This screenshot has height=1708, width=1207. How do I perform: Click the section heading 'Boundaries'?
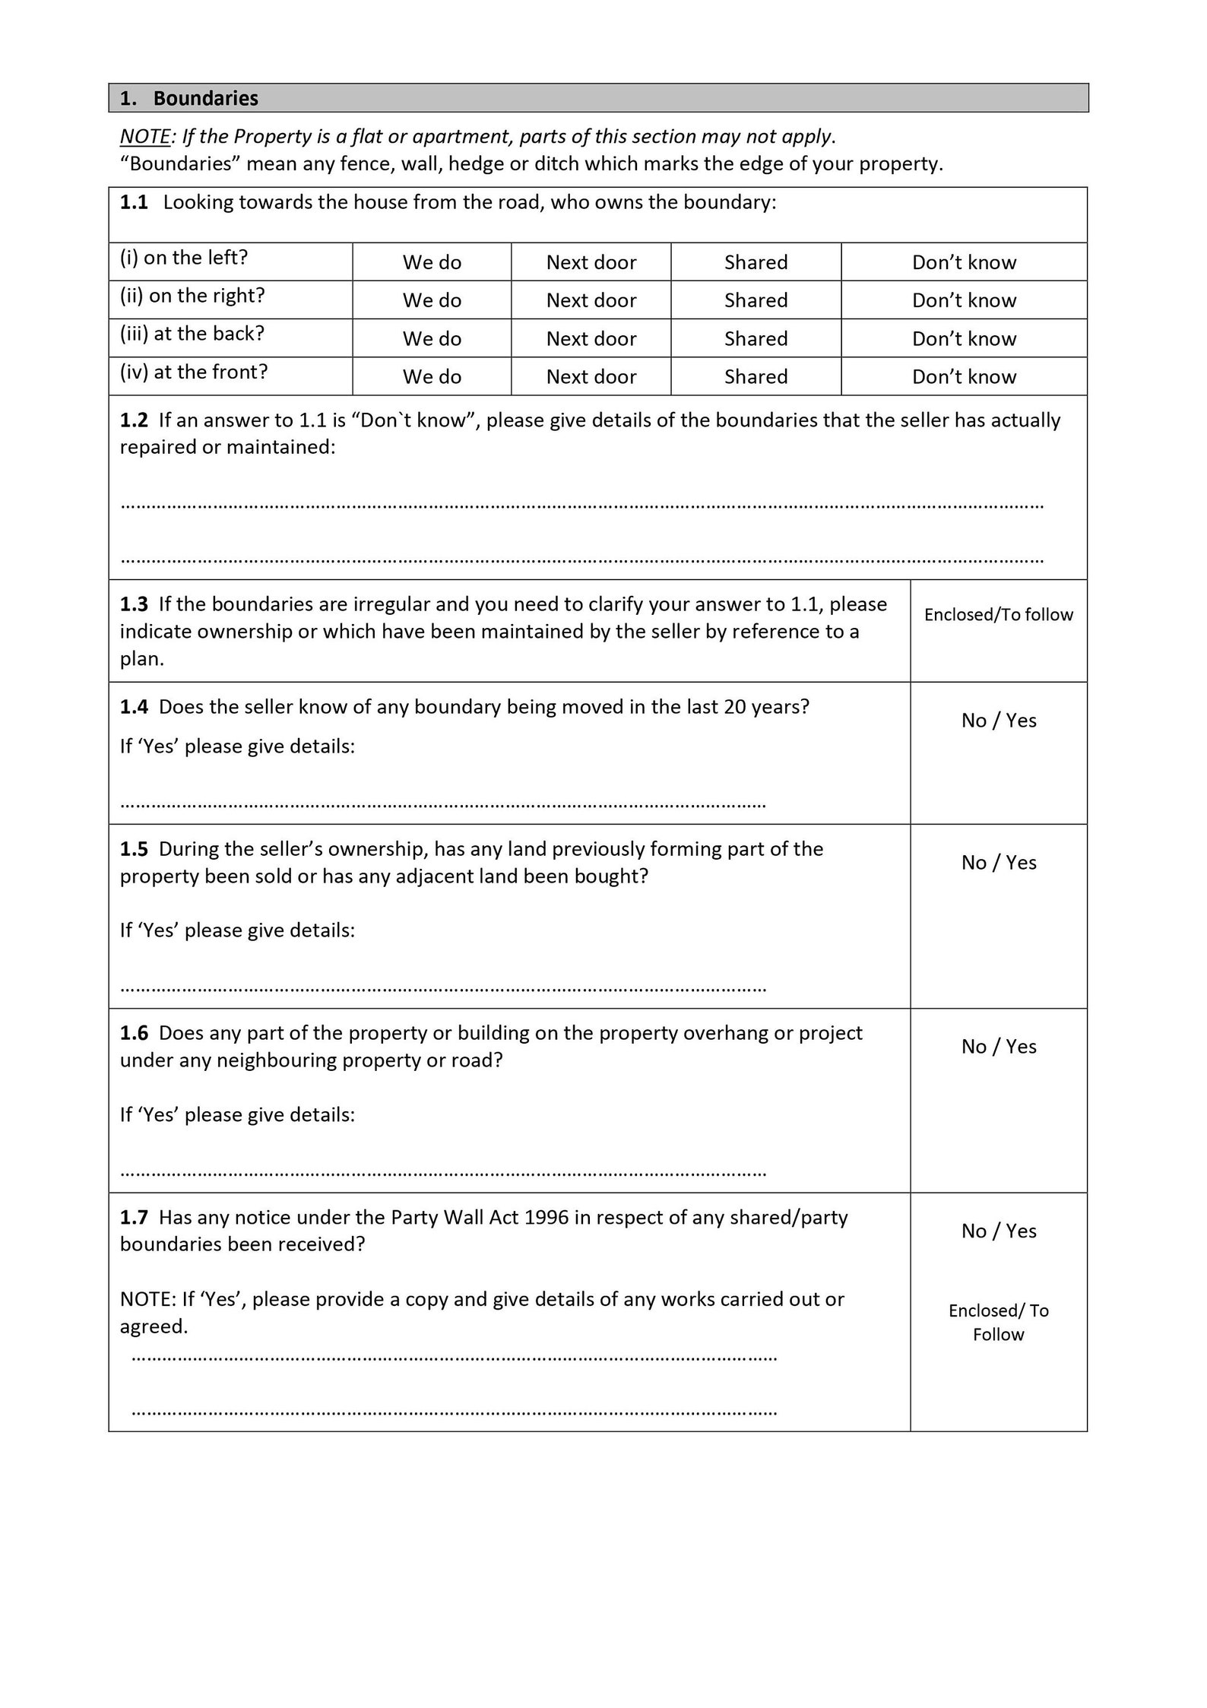coord(205,98)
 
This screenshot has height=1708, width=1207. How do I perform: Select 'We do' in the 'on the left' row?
coord(432,262)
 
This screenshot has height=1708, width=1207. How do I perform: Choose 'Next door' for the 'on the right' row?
coord(591,300)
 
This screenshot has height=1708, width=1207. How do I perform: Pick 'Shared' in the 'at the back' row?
coord(756,338)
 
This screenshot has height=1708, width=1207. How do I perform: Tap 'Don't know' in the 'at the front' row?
coord(964,376)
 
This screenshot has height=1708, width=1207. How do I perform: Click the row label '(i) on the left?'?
coord(184,258)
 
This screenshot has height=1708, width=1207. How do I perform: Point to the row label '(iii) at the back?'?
coord(192,334)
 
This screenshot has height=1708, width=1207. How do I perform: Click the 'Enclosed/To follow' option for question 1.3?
coord(998,614)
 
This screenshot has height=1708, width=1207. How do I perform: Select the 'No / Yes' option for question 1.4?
coord(998,720)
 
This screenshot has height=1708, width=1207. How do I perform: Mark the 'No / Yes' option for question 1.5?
coord(998,862)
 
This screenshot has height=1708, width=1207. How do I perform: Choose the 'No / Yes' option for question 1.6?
coord(998,1046)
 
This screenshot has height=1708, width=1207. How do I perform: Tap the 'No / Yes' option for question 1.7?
coord(998,1231)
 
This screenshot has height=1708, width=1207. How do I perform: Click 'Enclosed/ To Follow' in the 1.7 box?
coord(998,1322)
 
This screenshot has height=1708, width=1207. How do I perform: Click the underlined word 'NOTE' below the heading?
coord(145,137)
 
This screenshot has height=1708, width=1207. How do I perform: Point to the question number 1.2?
coord(134,420)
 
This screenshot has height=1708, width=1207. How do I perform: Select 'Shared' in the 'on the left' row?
coord(756,262)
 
